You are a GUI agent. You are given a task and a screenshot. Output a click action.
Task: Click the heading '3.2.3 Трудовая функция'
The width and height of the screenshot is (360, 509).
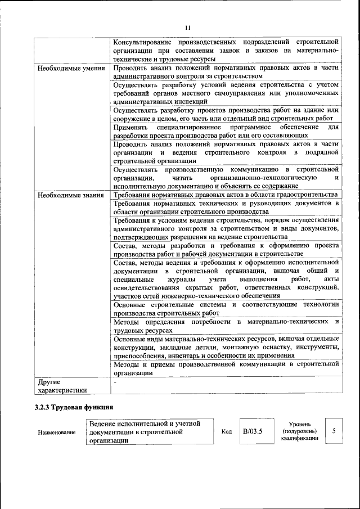tap(73, 407)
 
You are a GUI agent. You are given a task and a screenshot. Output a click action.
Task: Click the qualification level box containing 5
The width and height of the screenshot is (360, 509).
tap(334, 431)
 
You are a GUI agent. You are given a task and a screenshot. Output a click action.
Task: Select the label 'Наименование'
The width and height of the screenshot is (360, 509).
tap(56, 433)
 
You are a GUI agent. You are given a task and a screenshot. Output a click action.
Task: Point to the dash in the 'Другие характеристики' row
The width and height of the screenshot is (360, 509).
tap(115, 382)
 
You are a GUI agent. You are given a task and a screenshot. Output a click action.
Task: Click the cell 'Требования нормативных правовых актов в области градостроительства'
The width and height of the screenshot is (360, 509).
tap(225, 195)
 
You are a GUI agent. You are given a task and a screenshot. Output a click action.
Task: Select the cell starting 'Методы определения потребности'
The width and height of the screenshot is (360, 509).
tap(225, 326)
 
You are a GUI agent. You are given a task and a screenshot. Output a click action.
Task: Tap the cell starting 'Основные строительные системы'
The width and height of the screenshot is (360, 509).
tap(225, 308)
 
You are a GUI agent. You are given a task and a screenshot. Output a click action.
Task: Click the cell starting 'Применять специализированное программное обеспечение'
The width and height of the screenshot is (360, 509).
tap(225, 131)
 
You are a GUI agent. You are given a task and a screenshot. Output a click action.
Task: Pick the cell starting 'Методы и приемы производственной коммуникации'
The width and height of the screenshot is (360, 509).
tap(225, 368)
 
